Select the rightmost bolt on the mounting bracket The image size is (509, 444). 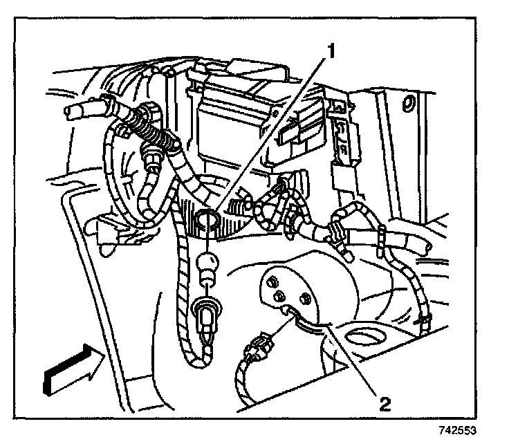pos(304,299)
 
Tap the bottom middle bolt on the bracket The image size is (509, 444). pos(281,297)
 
